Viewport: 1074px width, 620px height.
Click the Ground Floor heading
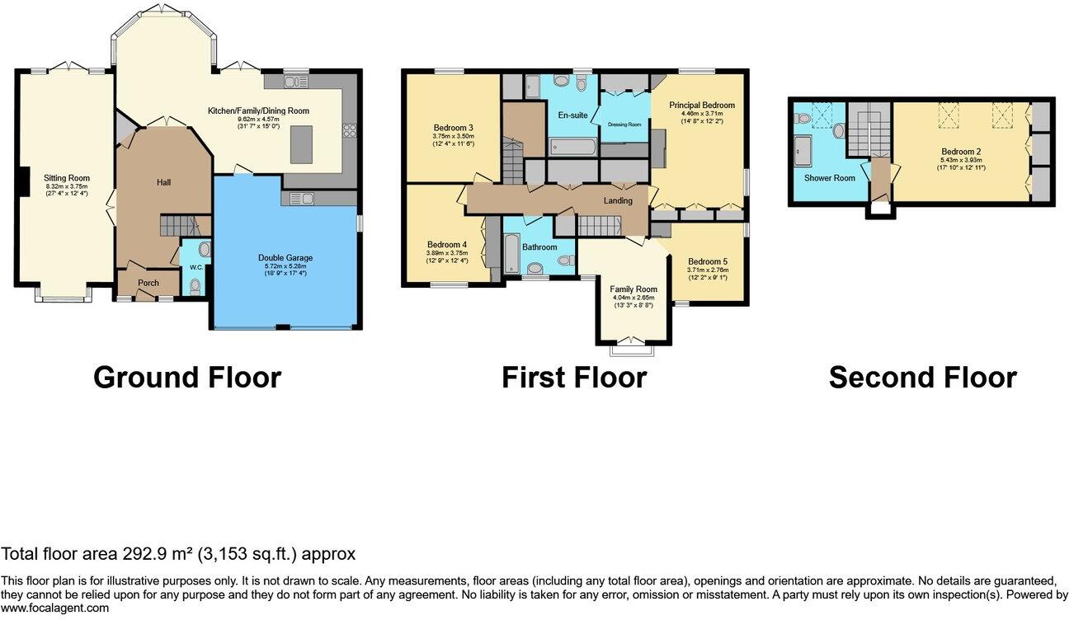coord(187,378)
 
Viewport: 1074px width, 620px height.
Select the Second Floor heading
coord(922,378)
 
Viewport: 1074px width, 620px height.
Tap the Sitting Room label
coord(68,178)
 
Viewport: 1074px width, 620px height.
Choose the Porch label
coord(148,284)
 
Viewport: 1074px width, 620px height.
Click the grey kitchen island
coord(302,145)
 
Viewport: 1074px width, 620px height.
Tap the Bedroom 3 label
coord(453,128)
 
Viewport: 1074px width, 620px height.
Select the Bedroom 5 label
coord(707,261)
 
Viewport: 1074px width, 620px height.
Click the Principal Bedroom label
coord(701,106)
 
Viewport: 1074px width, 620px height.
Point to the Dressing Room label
coord(624,124)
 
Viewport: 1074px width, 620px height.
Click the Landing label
coord(618,200)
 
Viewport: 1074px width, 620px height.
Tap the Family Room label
coord(634,289)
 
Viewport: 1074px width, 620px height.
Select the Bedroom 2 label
coord(961,152)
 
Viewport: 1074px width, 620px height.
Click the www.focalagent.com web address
coord(54,608)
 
